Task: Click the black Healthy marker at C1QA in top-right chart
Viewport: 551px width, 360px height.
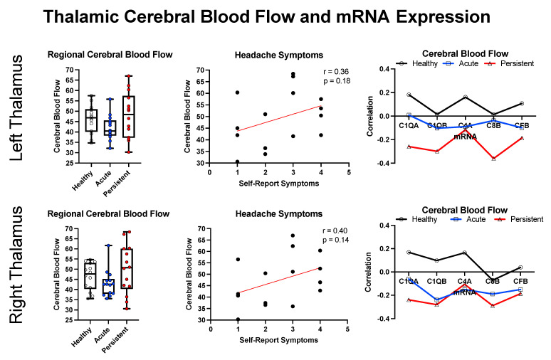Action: point(409,95)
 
